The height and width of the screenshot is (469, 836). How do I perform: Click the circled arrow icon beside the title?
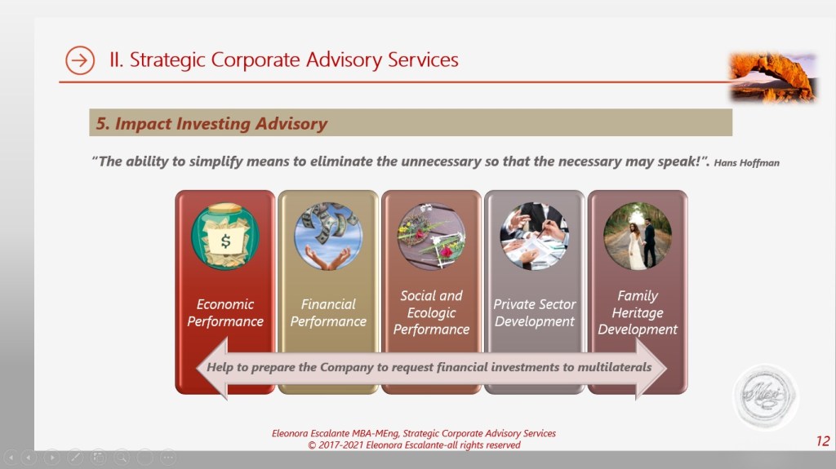click(80, 60)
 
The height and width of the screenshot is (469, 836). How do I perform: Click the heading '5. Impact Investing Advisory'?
click(211, 124)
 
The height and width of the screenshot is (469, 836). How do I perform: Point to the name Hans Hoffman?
click(746, 163)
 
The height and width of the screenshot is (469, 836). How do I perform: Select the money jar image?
click(225, 236)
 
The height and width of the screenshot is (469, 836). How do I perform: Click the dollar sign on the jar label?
click(225, 241)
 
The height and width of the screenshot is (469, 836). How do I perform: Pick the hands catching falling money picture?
click(328, 236)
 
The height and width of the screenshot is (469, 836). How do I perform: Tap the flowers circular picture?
click(431, 236)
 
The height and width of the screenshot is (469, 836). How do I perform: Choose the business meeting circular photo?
click(535, 236)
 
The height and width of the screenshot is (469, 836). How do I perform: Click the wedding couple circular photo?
click(638, 236)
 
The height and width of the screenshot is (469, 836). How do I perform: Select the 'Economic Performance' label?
click(225, 313)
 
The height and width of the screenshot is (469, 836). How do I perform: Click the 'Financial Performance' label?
click(328, 313)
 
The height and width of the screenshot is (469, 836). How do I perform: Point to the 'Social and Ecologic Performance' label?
click(431, 313)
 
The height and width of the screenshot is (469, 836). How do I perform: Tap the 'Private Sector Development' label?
click(535, 313)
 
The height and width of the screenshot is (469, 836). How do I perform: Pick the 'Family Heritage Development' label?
click(638, 313)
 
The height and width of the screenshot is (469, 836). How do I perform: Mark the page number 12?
click(823, 440)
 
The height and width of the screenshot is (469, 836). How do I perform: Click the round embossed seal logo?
click(766, 396)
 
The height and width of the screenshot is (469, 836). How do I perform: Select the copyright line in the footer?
click(414, 445)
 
